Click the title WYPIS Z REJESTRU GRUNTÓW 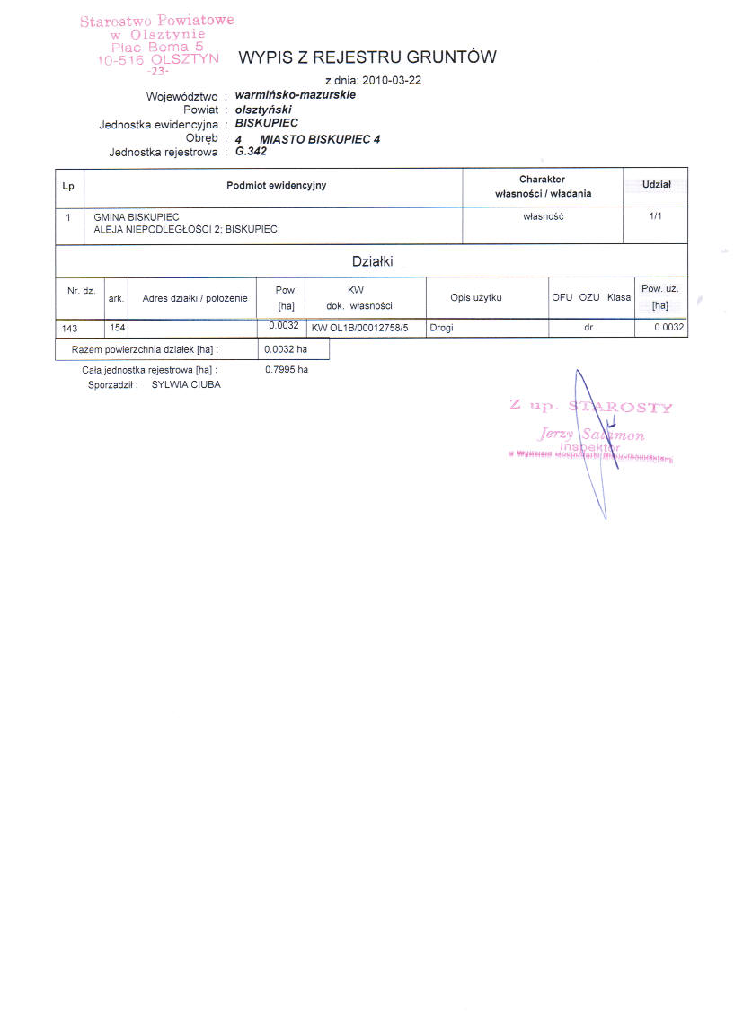coord(367,57)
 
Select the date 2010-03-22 coord(392,80)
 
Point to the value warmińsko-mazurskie coord(295,94)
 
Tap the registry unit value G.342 coord(251,151)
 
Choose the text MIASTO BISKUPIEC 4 coord(320,139)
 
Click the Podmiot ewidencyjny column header coord(276,186)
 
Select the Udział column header coord(656,184)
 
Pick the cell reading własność coord(543,216)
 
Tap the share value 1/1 coord(656,216)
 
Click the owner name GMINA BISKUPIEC coord(137,217)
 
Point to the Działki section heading coord(371,261)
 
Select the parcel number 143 coord(70,329)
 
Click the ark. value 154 coord(117,328)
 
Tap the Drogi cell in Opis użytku coord(441,328)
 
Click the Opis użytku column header coord(489,297)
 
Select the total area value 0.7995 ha coord(287,369)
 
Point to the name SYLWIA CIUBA coord(186,384)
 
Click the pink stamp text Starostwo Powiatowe coord(156,21)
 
